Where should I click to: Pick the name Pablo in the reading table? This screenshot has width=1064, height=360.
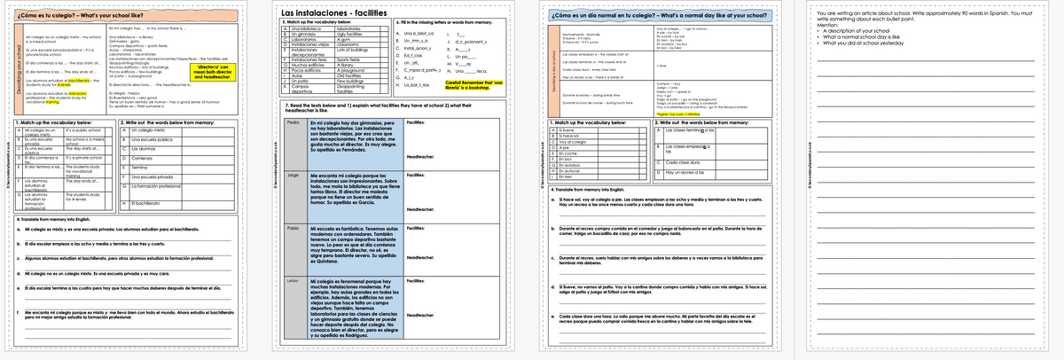(293, 228)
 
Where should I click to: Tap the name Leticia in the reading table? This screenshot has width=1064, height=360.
(294, 281)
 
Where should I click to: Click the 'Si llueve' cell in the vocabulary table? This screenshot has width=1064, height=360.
(568, 130)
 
